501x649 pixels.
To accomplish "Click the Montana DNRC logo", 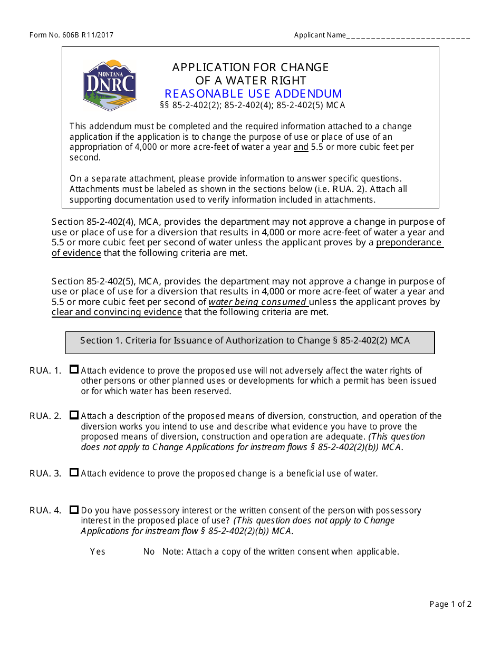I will (x=109, y=85).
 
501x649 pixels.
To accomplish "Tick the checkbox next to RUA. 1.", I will (x=74, y=370).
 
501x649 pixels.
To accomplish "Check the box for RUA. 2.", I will (x=74, y=415).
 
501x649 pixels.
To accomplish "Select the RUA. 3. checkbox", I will (x=74, y=473).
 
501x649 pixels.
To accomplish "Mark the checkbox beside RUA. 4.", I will (x=74, y=510).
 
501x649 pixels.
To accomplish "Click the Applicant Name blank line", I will (x=408, y=36).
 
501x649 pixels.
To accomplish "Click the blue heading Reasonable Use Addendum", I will (x=253, y=94).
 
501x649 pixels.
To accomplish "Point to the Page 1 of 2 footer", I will (x=450, y=604).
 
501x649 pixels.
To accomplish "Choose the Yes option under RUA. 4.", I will (x=98, y=551).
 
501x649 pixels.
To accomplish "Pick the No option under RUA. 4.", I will (x=149, y=551).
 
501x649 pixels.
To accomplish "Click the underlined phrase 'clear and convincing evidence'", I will (x=117, y=312).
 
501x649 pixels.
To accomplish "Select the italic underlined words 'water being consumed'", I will (x=258, y=302).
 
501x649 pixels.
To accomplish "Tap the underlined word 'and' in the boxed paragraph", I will (x=301, y=147).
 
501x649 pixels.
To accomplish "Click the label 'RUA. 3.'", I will (x=45, y=473).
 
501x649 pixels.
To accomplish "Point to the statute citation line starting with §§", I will (x=252, y=105).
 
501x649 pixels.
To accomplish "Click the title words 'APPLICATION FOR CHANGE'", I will (x=250, y=68).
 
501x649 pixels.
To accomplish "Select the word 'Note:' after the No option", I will (x=172, y=551).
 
